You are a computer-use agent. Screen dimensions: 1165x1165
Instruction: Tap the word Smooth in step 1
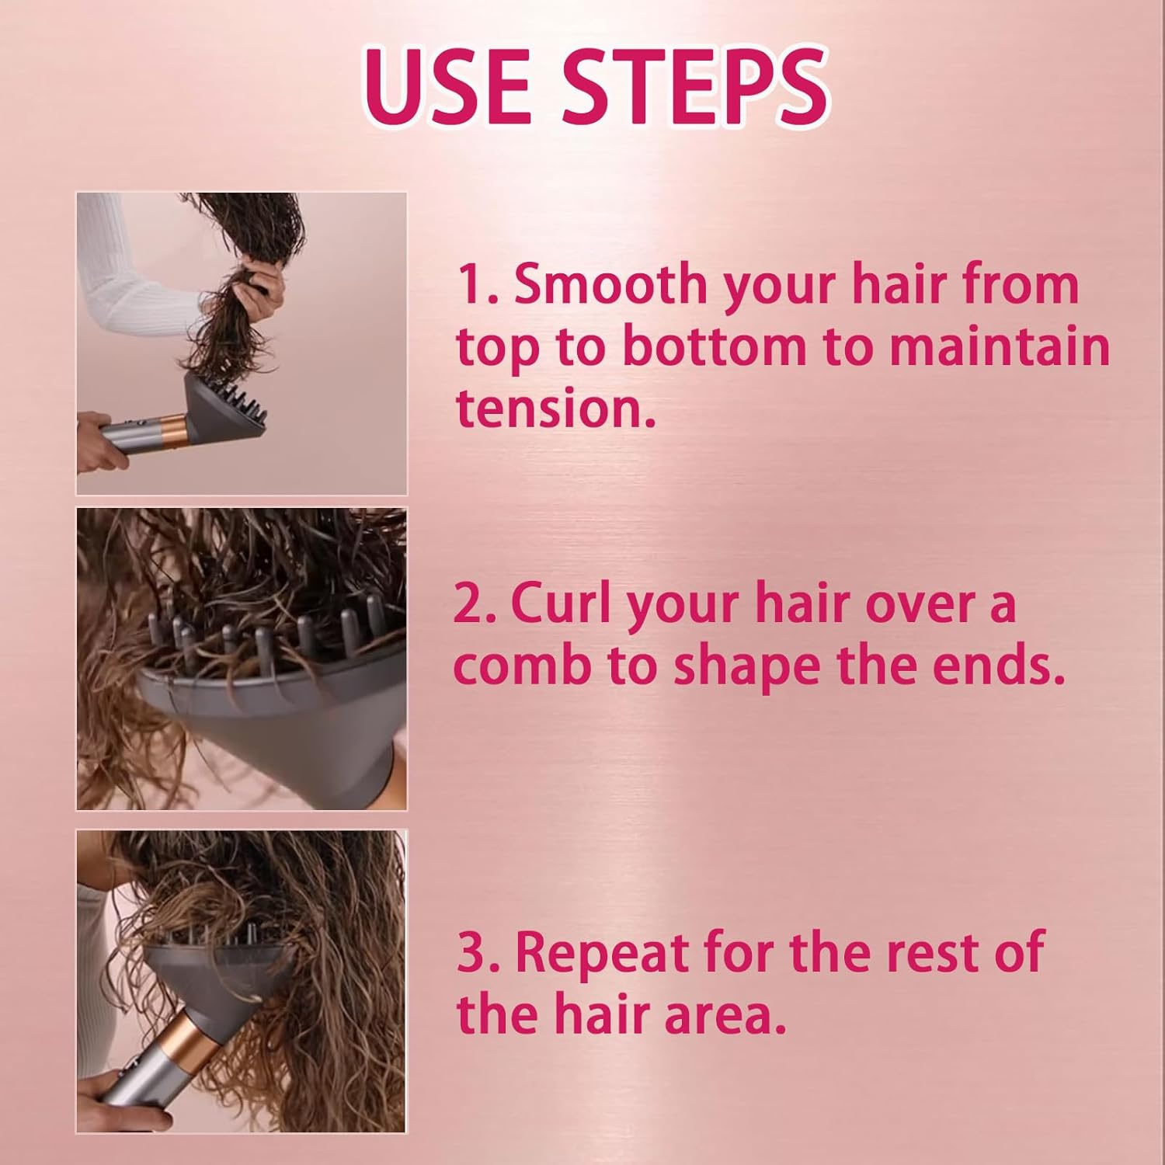pos(608,284)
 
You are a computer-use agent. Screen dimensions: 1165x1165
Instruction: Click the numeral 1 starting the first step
pos(468,284)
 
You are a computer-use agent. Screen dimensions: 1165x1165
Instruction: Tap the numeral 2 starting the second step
pos(468,603)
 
